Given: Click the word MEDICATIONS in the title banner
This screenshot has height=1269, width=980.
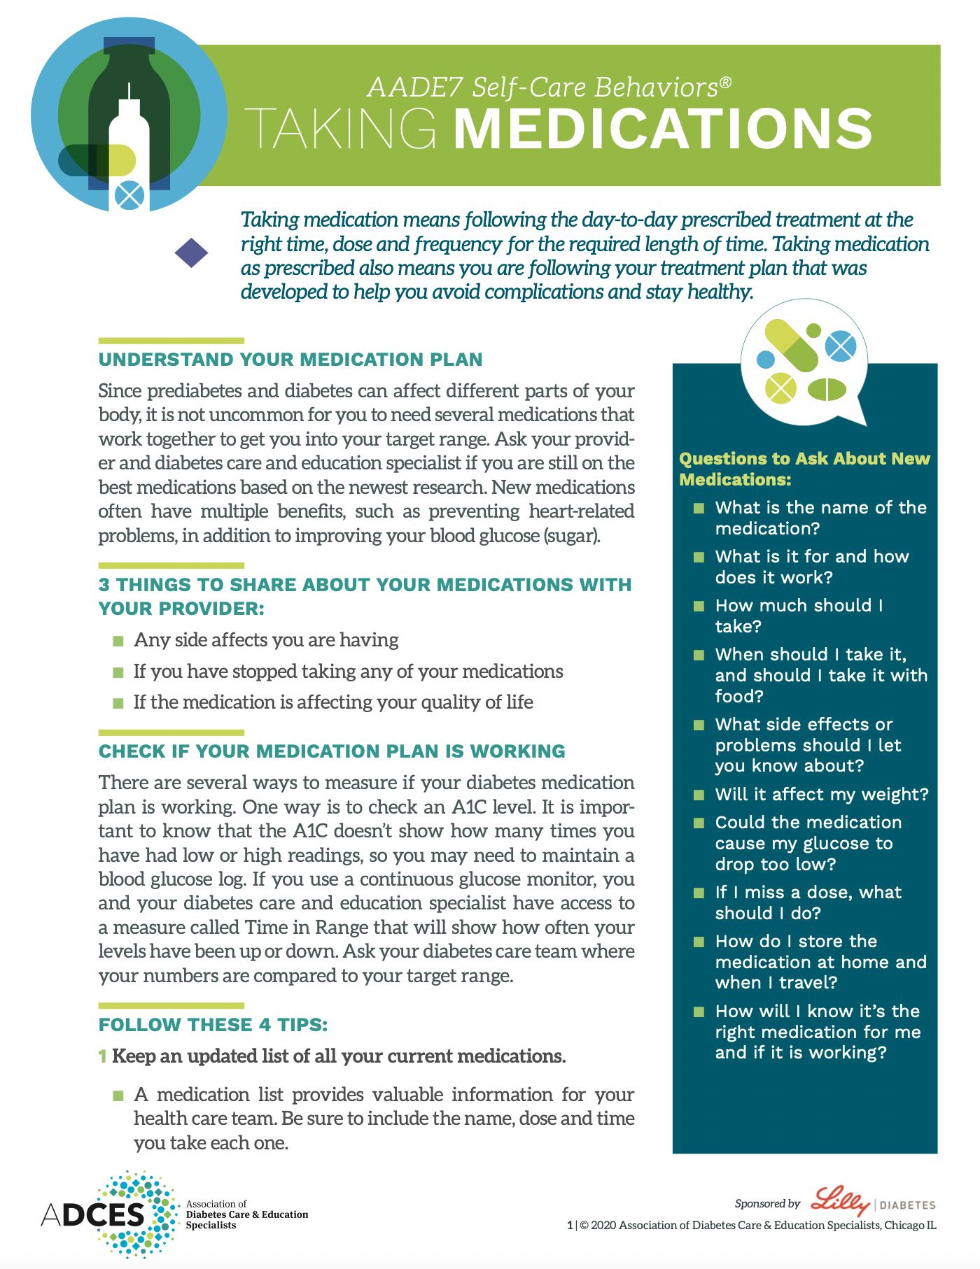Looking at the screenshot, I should pos(663,129).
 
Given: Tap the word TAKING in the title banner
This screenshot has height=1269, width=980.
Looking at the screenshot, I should pos(343,129).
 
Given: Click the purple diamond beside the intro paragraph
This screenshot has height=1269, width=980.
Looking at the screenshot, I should pos(191,253).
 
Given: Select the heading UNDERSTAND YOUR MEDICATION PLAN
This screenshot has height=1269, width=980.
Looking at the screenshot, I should pos(290,360).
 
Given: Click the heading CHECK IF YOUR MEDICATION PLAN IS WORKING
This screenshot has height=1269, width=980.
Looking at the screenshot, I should pos(332,751).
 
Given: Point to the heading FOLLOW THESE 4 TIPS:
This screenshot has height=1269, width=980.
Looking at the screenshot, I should pos(213,1025).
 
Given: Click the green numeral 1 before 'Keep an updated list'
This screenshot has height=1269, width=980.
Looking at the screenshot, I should pos(102,1056).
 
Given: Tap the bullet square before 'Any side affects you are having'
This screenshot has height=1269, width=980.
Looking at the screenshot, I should pos(118,641).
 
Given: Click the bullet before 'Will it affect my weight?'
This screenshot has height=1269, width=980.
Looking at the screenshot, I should pos(699,795).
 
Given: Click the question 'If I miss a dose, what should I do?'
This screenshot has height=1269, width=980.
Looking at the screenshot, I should pos(808,902).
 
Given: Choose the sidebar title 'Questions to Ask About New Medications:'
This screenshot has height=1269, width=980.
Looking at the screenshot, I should pos(804,469).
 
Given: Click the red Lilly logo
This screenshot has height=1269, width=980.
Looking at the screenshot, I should pos(840,1201).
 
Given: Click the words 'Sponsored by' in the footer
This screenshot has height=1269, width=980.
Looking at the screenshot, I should pos(767,1203).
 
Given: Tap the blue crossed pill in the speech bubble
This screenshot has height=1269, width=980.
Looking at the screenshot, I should pos(840,346).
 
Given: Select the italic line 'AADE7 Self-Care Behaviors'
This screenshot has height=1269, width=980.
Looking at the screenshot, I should pos(549,87).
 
